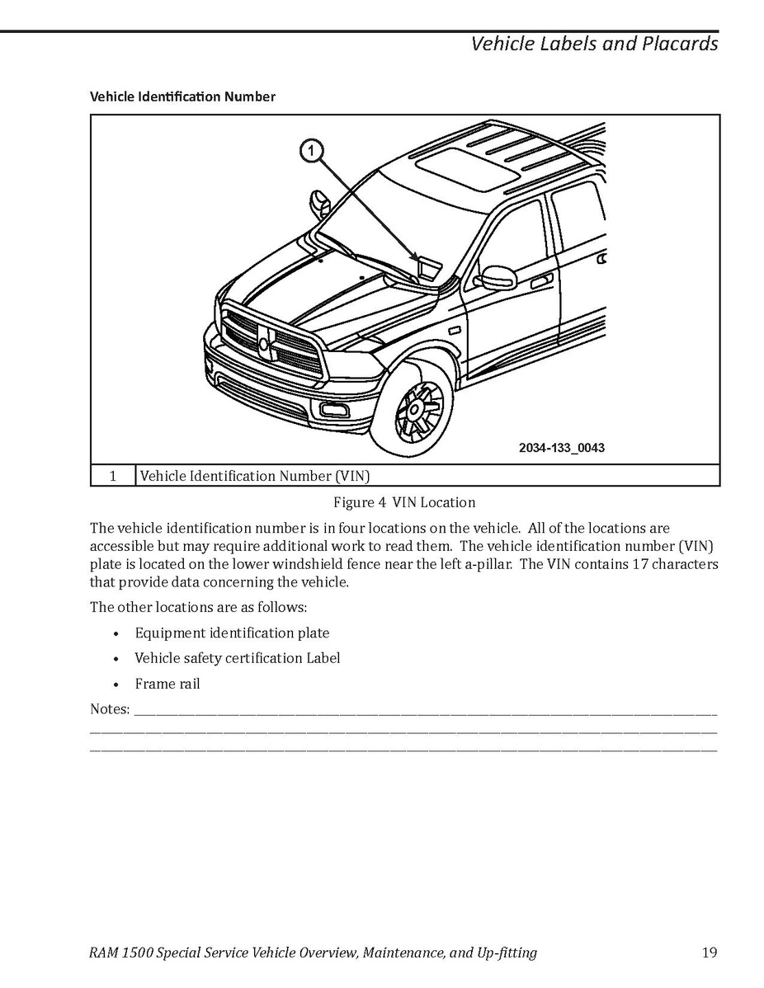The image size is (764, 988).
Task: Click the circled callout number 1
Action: click(311, 150)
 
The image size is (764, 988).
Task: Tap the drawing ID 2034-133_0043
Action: click(561, 448)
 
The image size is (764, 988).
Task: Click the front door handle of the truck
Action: click(541, 282)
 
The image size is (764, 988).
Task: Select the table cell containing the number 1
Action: click(112, 476)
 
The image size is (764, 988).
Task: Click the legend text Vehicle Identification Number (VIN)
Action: click(255, 476)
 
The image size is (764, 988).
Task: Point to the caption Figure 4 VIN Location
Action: click(404, 502)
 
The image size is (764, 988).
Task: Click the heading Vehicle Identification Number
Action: click(182, 96)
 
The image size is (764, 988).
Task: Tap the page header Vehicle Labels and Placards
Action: click(594, 44)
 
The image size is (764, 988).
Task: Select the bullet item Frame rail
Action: click(167, 684)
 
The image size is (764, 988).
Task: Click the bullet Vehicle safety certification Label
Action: click(238, 658)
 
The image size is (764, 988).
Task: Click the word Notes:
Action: click(110, 709)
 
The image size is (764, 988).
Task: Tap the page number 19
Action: click(709, 953)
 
